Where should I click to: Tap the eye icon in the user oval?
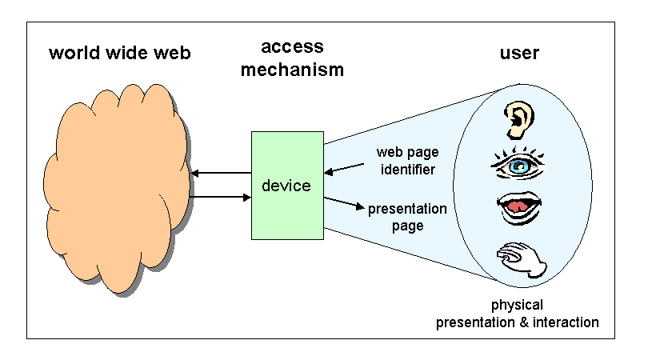[518, 165]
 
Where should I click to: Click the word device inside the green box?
[286, 186]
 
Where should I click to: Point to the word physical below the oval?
[517, 305]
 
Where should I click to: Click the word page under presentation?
[407, 226]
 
